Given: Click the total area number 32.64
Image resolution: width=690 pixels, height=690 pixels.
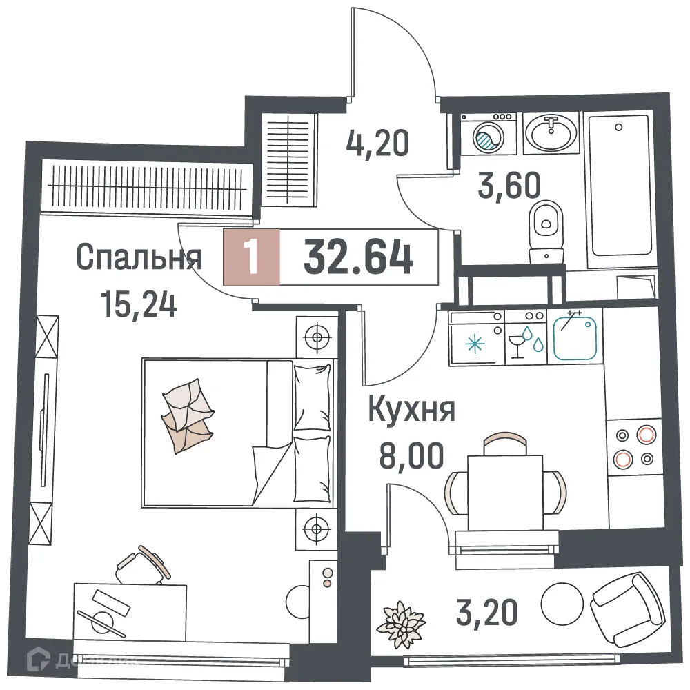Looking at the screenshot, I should coord(358,257).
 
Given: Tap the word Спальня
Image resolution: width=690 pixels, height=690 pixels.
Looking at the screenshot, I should coord(139,258).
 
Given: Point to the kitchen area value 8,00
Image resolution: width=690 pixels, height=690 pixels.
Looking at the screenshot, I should coord(411,455).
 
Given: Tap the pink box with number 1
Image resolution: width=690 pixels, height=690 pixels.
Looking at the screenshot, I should coord(252,257).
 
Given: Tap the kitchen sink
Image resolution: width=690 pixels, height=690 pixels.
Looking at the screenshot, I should coord(578,337).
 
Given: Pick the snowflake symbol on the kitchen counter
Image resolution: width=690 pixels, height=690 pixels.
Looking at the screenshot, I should coord(475,343).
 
